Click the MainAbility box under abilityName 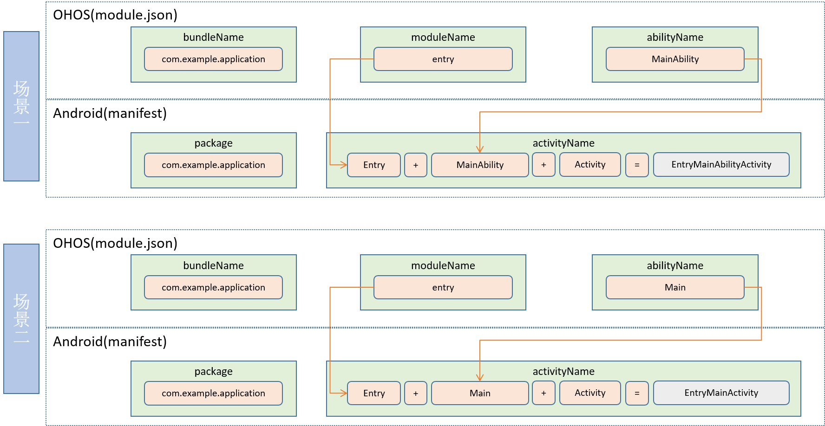[674, 59]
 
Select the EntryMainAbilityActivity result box [721, 165]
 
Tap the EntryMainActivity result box [721, 393]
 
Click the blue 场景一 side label [21, 106]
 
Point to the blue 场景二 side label [21, 318]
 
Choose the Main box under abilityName [674, 287]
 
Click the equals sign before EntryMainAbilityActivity [637, 165]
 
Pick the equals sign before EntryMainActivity [637, 394]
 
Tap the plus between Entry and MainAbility [415, 165]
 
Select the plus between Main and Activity [543, 393]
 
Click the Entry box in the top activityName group [374, 165]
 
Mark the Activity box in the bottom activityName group [590, 393]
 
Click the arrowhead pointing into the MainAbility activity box [480, 149]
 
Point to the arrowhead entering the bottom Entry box [344, 393]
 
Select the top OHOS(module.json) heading [115, 15]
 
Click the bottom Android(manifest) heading [110, 342]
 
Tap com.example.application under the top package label [213, 165]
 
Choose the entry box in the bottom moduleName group [443, 287]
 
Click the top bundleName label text [213, 37]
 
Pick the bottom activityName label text [563, 371]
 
